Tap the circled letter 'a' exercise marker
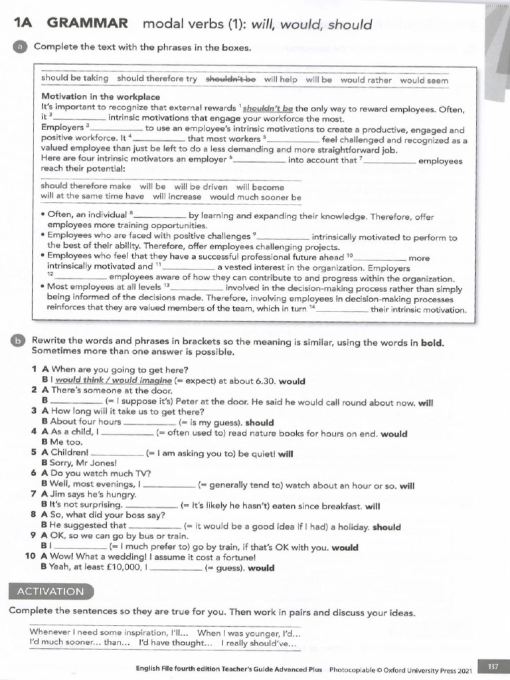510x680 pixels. click(21, 47)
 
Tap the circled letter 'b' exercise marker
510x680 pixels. click(17, 341)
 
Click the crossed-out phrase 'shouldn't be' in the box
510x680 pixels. click(230, 79)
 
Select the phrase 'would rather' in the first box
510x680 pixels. click(366, 80)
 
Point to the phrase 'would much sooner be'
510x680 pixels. click(255, 197)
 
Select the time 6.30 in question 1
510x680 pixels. click(262, 381)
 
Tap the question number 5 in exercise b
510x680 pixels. click(33, 454)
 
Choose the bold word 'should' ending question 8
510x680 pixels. click(386, 527)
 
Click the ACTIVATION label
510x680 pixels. click(50, 591)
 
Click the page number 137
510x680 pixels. click(493, 666)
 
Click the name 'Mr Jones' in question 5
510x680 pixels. click(98, 464)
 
